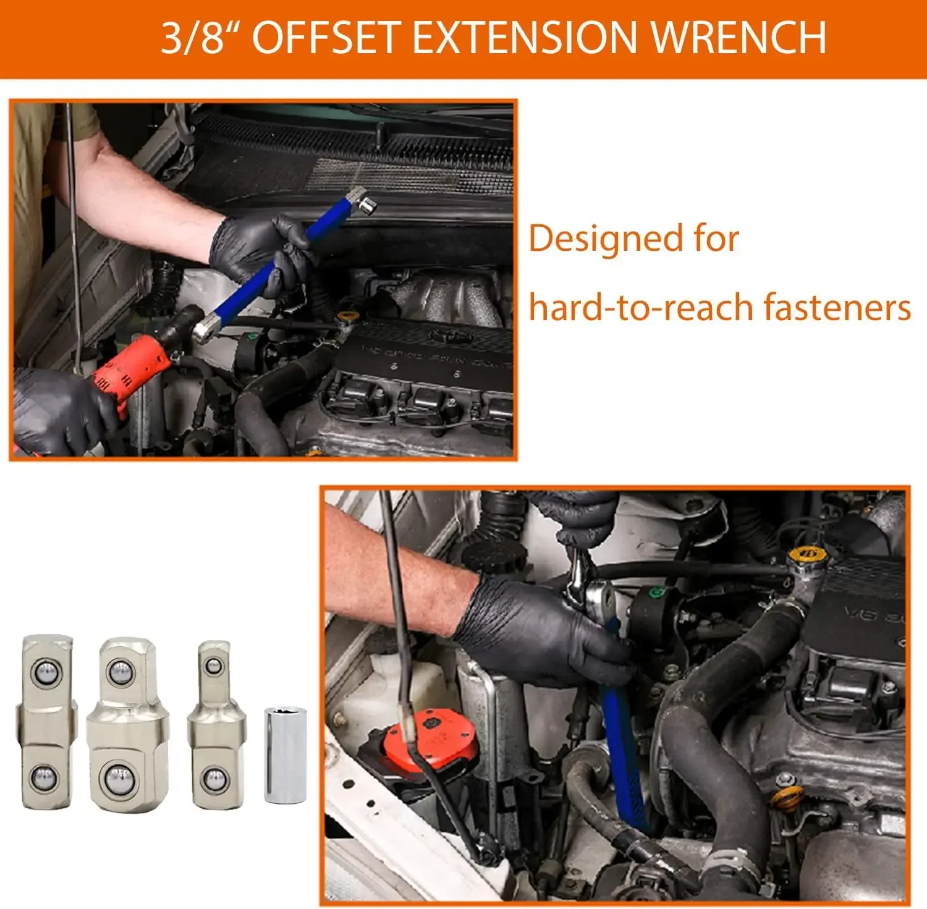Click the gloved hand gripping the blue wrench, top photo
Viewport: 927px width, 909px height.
tap(260, 247)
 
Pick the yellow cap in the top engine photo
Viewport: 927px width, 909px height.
tap(344, 317)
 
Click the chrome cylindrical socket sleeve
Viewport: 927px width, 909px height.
tap(285, 755)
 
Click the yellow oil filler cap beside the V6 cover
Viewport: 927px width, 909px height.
tap(805, 554)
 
